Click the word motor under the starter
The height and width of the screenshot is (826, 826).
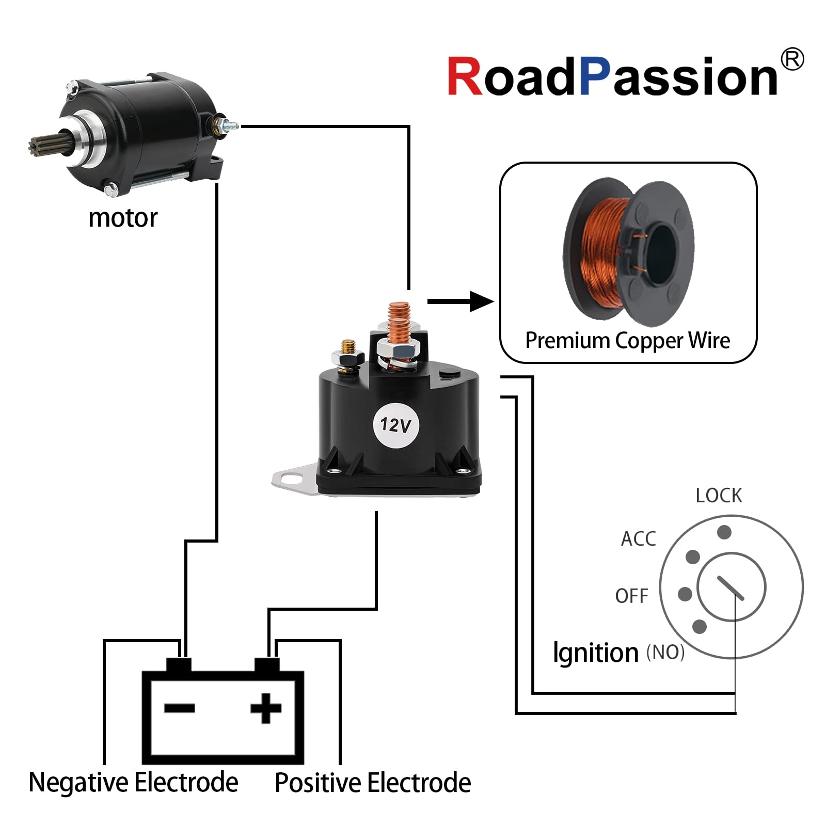click(x=123, y=218)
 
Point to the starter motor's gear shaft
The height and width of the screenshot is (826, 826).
click(x=44, y=144)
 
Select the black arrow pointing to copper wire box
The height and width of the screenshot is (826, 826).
click(x=460, y=301)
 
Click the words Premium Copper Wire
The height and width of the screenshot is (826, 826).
click(x=627, y=341)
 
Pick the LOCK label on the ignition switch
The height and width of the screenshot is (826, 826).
click(x=718, y=496)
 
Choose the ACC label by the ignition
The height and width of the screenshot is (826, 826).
click(x=638, y=538)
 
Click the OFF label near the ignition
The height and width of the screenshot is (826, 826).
click(x=631, y=596)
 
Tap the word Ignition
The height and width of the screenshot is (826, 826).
click(x=595, y=653)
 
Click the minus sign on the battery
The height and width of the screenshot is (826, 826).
click(x=179, y=708)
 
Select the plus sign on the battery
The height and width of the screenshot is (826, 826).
click(x=266, y=708)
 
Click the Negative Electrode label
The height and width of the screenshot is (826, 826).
click(x=133, y=782)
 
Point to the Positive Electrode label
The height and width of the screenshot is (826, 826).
click(x=373, y=783)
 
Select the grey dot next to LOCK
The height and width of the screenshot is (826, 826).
click(x=724, y=532)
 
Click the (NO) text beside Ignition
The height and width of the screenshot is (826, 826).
click(x=665, y=653)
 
